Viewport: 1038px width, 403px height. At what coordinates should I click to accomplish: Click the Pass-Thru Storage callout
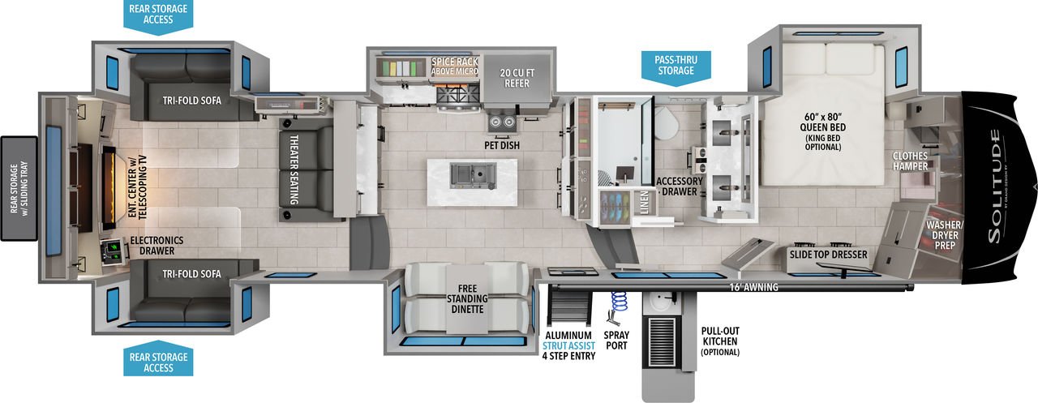pyautogui.click(x=676, y=67)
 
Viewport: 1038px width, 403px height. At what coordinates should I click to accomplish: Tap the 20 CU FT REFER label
pyautogui.click(x=517, y=79)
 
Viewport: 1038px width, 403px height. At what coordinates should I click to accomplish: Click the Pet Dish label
pyautogui.click(x=502, y=145)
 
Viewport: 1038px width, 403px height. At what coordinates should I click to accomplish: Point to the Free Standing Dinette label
pyautogui.click(x=467, y=298)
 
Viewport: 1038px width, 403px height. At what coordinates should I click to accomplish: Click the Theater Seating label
pyautogui.click(x=294, y=169)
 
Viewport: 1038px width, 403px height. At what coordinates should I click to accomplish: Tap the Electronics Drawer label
pyautogui.click(x=157, y=246)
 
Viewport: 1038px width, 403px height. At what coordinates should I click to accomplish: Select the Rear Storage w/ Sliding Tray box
pyautogui.click(x=19, y=189)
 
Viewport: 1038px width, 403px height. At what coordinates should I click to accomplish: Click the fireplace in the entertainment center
pyautogui.click(x=109, y=187)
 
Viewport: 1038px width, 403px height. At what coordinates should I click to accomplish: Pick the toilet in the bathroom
pyautogui.click(x=666, y=122)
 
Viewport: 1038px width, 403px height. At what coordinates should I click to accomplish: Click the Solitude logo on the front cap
pyautogui.click(x=994, y=186)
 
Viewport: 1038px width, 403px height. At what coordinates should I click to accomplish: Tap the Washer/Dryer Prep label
pyautogui.click(x=945, y=235)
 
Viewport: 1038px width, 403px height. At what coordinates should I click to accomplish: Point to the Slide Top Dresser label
pyautogui.click(x=828, y=255)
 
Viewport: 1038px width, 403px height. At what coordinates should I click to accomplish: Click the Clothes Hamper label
pyautogui.click(x=910, y=161)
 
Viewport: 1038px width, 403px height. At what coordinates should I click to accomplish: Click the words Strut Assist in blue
pyautogui.click(x=568, y=345)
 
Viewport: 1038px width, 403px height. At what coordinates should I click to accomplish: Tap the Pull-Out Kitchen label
pyautogui.click(x=720, y=341)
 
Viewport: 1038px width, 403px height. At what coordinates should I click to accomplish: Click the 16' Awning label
pyautogui.click(x=754, y=287)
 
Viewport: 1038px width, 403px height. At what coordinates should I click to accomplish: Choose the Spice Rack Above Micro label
pyautogui.click(x=455, y=66)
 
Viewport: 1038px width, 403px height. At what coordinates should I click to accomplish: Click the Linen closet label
pyautogui.click(x=645, y=203)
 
